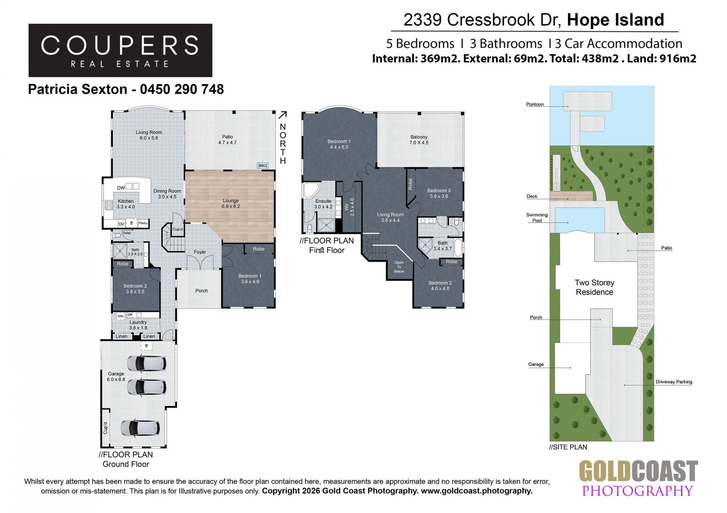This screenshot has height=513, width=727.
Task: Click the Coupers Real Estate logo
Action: tap(120, 50)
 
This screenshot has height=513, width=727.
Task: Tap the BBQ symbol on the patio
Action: tap(262, 165)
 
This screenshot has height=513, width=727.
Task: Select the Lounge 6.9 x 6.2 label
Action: tap(231, 204)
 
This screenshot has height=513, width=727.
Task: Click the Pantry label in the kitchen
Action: tap(143, 223)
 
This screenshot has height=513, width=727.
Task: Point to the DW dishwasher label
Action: tap(121, 188)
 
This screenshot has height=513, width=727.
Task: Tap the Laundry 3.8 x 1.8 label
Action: tap(138, 325)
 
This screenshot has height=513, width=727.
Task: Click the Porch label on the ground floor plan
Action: tap(201, 291)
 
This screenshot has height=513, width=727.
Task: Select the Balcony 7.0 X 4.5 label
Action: tap(419, 140)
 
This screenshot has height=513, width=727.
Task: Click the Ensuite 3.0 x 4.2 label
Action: tap(323, 204)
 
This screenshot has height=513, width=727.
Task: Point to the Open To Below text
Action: tap(399, 267)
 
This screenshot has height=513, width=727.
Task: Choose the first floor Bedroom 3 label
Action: tap(439, 193)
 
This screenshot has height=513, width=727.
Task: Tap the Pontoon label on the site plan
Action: tap(535, 104)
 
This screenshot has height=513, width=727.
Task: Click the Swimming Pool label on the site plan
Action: tap(537, 218)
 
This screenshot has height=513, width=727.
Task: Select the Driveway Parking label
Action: tap(674, 382)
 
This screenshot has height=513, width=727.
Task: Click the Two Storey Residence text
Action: tap(594, 287)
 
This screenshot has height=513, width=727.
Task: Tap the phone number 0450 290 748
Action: tap(182, 89)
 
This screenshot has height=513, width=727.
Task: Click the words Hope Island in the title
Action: tap(615, 20)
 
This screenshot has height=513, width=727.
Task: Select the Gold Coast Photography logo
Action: tap(638, 478)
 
